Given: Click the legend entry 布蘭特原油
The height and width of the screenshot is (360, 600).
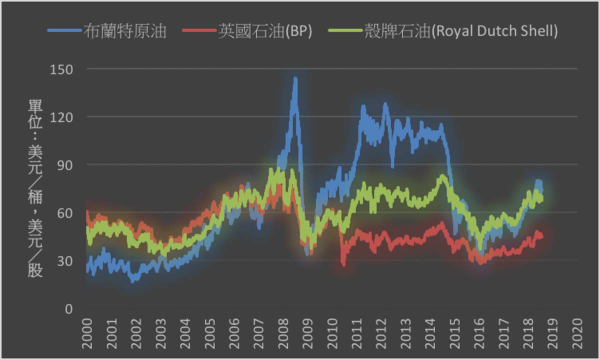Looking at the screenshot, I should (125, 31).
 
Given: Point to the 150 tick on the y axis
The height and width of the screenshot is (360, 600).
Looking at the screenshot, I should (61, 68).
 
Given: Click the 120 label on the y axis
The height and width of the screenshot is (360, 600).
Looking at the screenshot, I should (61, 116).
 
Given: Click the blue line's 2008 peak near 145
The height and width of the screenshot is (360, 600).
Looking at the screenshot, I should (295, 78).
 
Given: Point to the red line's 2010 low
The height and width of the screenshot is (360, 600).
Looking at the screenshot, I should (343, 264).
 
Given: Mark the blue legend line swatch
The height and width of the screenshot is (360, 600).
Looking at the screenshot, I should (64, 31).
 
